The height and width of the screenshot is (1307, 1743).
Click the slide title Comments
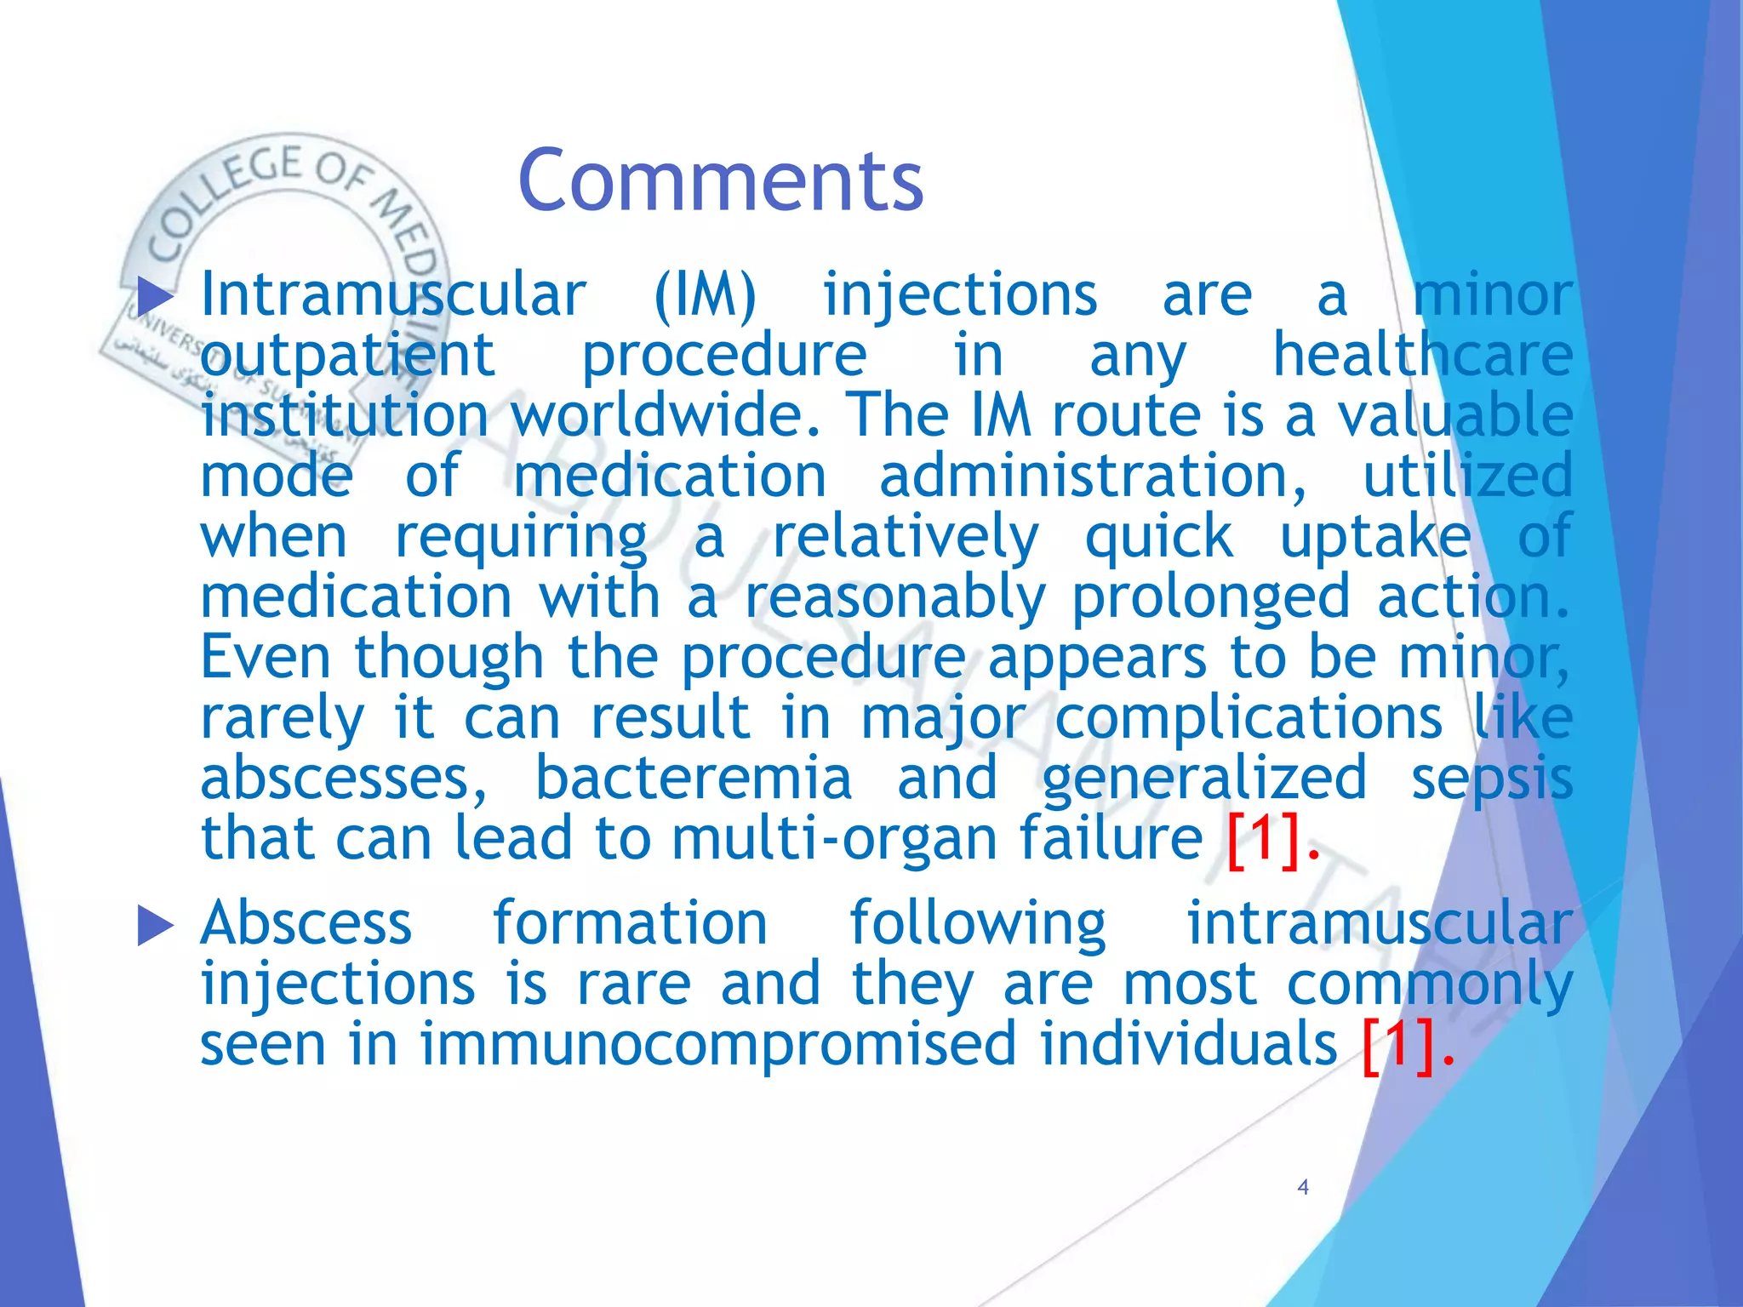pos(720,180)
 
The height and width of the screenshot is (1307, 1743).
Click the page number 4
pos(1302,1187)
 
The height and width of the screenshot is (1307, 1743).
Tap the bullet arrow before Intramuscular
pos(155,297)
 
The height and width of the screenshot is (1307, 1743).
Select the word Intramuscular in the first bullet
pos(393,295)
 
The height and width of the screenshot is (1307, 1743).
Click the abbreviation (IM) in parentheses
pos(705,295)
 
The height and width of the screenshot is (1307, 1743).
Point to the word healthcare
pos(1422,355)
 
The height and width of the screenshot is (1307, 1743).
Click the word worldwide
pos(666,415)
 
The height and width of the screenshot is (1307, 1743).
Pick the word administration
pos(1092,477)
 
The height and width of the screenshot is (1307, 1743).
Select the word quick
pos(1159,538)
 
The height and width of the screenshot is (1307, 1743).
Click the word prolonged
pos(1210,598)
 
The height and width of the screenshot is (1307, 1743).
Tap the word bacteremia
pos(693,779)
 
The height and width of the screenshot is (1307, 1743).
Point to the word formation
pos(630,923)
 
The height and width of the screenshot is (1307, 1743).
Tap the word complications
pos(1248,718)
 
